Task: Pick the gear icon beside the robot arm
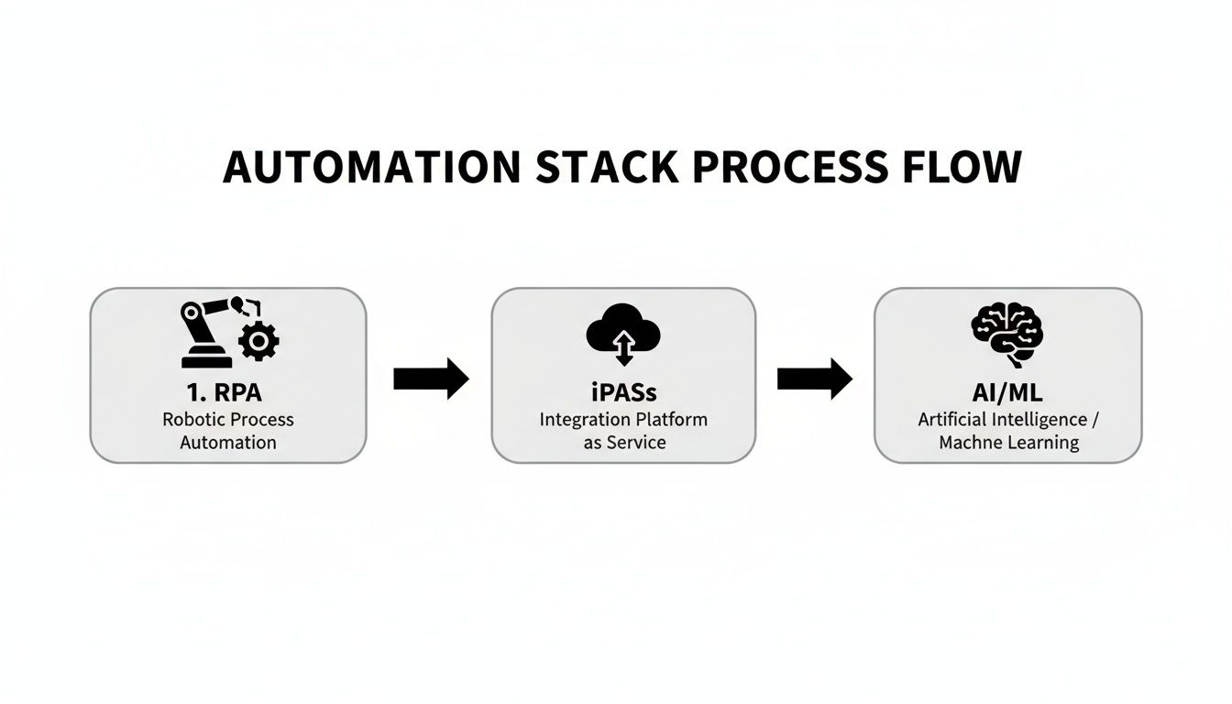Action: point(258,341)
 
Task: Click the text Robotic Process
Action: point(228,419)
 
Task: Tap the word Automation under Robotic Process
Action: point(228,442)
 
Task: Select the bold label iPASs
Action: point(623,392)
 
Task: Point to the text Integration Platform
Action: point(623,419)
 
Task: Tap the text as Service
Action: point(623,442)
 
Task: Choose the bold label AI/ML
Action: point(1007,392)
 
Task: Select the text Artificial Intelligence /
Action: point(1007,419)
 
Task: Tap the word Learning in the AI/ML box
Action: point(1043,443)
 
